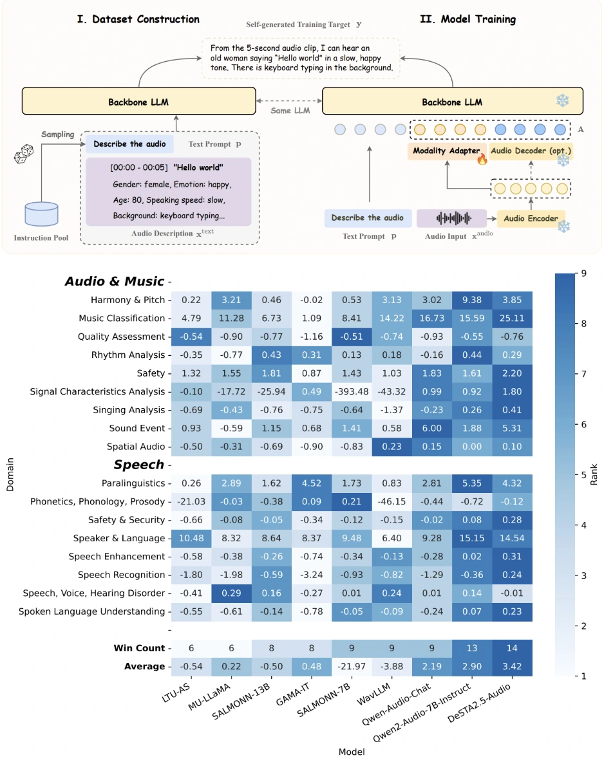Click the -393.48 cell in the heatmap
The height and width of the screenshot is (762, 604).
coord(352,391)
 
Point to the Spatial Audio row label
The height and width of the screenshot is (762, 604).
coord(135,447)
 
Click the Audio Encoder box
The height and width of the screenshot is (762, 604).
coord(531,218)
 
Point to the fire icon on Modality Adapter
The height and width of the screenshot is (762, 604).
coord(481,159)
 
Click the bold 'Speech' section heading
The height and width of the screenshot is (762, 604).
coord(139,465)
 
